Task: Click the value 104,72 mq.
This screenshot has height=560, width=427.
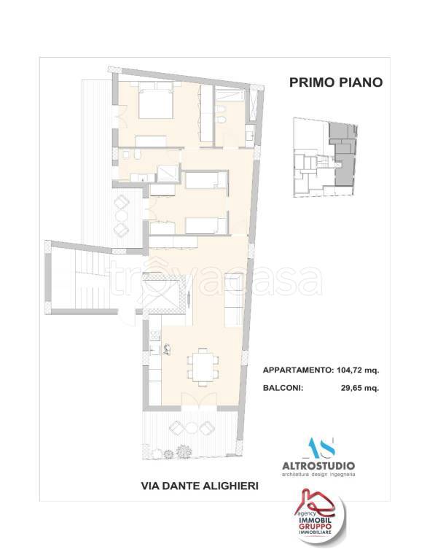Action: pos(357,370)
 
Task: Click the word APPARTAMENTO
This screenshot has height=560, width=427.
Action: pos(297,370)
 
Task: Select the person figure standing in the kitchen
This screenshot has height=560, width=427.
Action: pos(167,349)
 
